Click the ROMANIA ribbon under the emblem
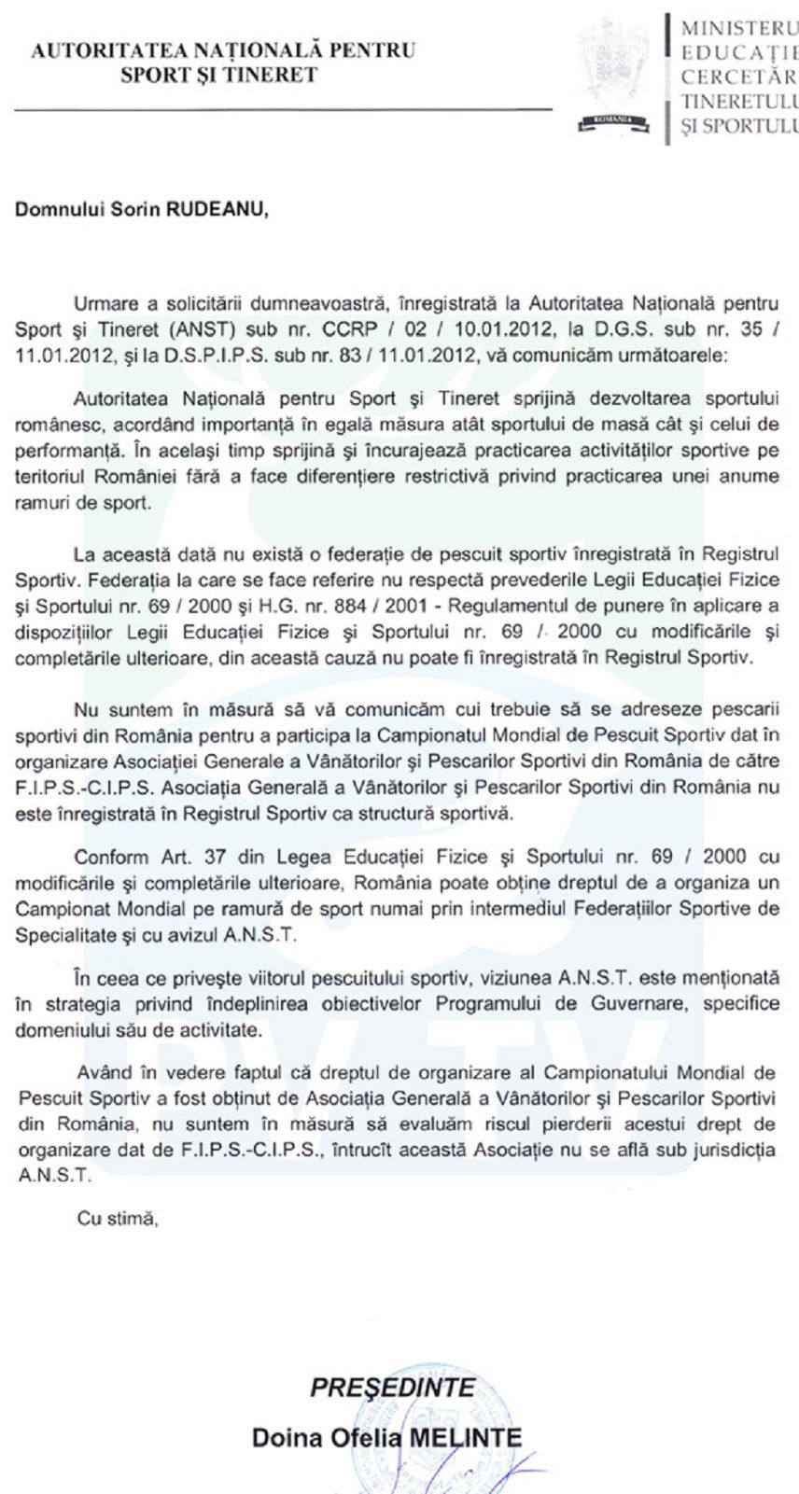611,119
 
